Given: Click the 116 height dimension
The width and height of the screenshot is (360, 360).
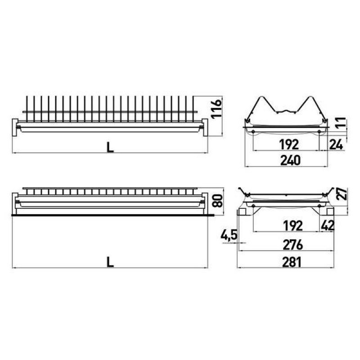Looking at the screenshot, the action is pos(217,108).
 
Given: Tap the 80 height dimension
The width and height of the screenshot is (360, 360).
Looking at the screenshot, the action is pos(217,201).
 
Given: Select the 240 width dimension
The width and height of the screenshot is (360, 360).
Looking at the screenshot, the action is pos(290,160).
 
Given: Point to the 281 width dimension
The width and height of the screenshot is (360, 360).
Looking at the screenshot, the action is pos(292,262).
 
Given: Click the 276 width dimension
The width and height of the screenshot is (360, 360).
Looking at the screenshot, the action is pos(293,245).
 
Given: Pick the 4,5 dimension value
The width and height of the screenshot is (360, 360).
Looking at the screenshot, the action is pos(229,235).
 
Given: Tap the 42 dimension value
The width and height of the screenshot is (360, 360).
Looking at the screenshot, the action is pos(328,226).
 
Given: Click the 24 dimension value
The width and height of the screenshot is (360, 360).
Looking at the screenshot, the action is pos(336,144).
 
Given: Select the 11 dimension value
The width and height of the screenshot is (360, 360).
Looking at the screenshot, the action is pos(341,123).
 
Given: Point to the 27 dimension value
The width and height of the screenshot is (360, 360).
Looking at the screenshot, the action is pos(342,194).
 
